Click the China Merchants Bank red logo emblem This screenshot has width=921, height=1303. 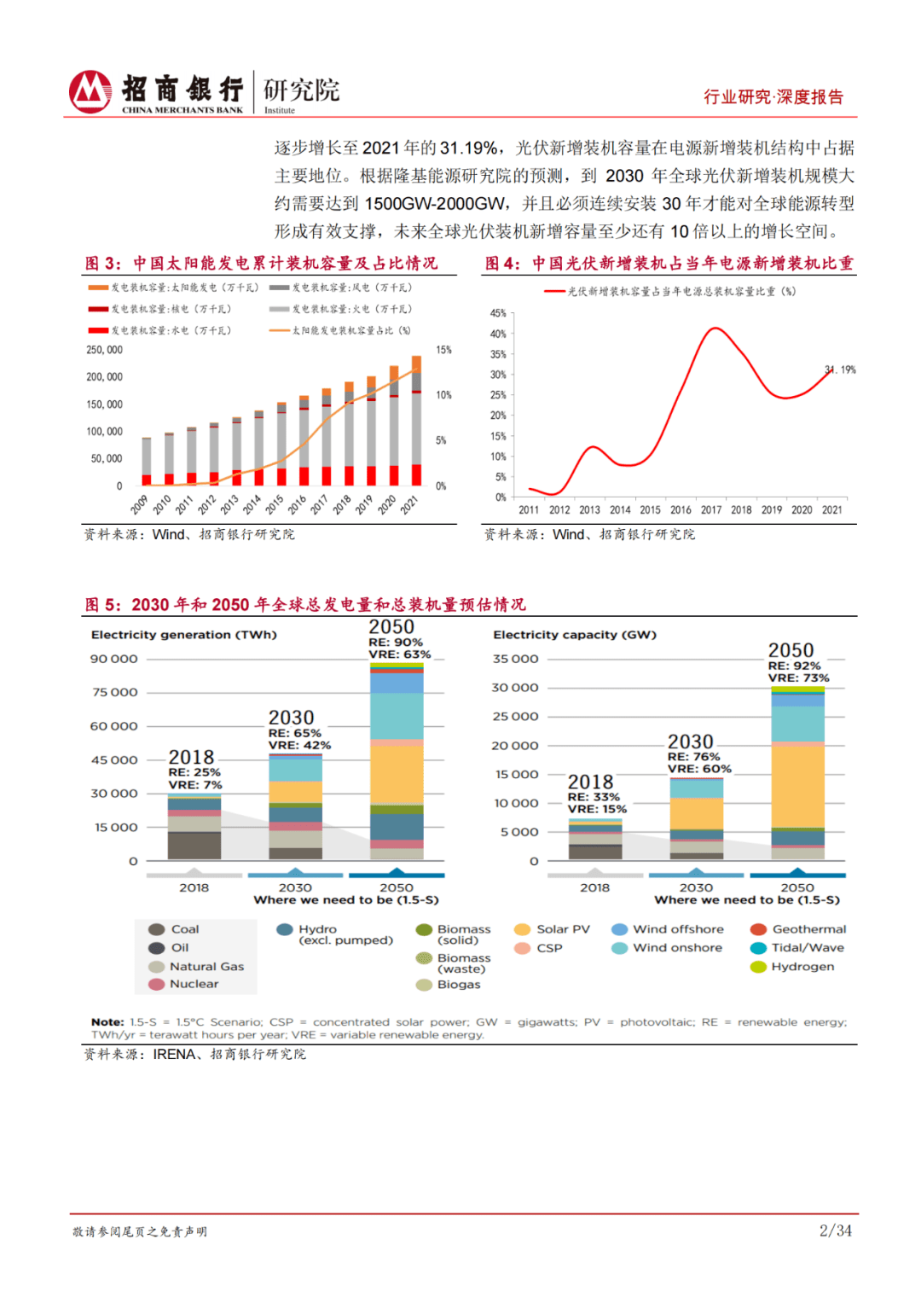[x=90, y=92]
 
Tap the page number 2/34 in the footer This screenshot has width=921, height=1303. [x=835, y=1230]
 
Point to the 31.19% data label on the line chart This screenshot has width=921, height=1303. [x=841, y=369]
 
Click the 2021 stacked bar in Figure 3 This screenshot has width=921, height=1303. [x=416, y=422]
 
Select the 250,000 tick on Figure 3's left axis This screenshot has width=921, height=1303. [x=104, y=350]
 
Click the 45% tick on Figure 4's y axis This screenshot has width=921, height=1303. [x=498, y=313]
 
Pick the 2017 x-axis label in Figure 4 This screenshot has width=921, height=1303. [x=711, y=510]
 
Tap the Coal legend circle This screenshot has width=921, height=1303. [x=157, y=929]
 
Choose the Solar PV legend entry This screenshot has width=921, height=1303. [x=553, y=929]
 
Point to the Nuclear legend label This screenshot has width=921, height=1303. [x=194, y=984]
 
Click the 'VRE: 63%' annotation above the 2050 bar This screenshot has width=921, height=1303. [x=400, y=654]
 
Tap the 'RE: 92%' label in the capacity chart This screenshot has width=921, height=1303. [x=794, y=666]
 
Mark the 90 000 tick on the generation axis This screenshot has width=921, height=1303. [x=114, y=659]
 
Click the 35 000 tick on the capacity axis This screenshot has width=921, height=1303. [x=515, y=659]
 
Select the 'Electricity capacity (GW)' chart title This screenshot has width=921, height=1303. [x=575, y=635]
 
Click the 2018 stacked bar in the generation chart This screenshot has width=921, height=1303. [x=194, y=827]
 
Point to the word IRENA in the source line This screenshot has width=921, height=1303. [x=174, y=1055]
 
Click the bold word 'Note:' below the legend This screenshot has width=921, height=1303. [x=107, y=1022]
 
